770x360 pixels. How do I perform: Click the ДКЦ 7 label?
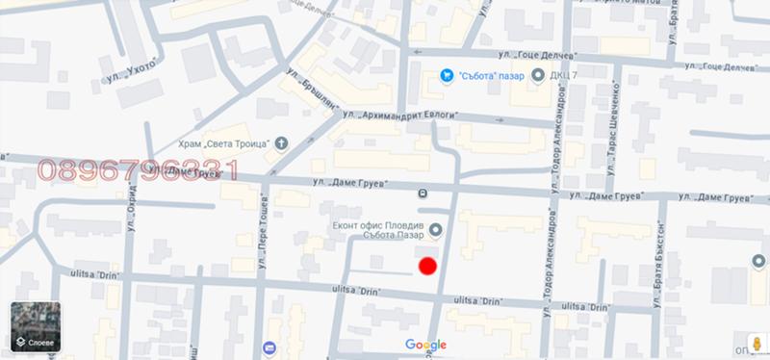pos(565,76)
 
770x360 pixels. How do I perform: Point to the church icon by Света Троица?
pos(281,143)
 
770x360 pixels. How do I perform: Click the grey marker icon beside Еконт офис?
pos(434,229)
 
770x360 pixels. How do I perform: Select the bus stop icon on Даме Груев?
pos(423,193)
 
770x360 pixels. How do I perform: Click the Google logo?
pos(425,345)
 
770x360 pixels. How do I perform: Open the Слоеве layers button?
pos(36,327)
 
